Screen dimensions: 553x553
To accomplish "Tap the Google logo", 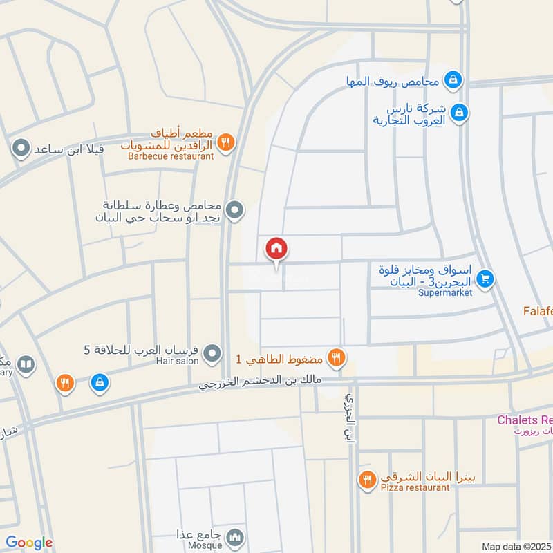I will coord(29,543).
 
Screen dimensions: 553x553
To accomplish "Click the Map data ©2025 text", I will coord(516,546).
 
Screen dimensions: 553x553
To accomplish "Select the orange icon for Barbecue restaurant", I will coord(225,143).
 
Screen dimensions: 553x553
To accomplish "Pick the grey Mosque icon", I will coord(236,536).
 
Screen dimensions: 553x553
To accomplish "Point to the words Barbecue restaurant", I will coord(171,156).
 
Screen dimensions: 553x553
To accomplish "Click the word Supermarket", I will coord(445,292).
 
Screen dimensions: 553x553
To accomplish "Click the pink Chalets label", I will coord(525,420).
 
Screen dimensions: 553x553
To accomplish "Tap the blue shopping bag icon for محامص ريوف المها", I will coord(453,80).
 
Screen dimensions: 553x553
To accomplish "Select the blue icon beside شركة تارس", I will coord(458,111).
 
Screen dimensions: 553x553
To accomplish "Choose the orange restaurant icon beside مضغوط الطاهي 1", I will coord(336,357).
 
